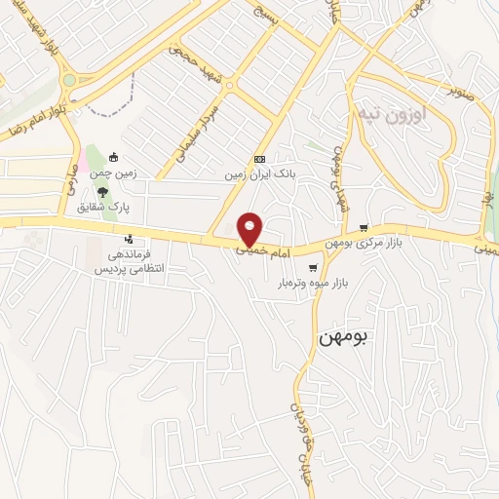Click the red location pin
(x=250, y=228)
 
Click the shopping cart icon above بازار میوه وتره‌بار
(x=312, y=267)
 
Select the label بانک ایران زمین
(x=258, y=174)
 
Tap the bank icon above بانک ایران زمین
(x=258, y=159)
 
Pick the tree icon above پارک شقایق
(x=126, y=192)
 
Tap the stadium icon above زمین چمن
(x=114, y=158)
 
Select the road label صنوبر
(x=459, y=94)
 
